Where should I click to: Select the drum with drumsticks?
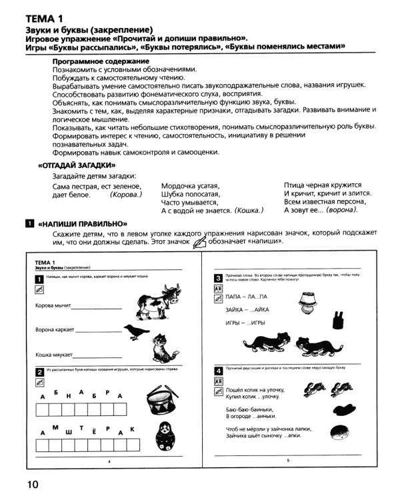pyautogui.click(x=158, y=397)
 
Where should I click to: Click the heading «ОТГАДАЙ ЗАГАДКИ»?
pyautogui.click(x=77, y=165)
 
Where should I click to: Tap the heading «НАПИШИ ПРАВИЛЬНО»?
pyautogui.click(x=83, y=224)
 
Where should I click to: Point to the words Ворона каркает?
pyautogui.click(x=54, y=329)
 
